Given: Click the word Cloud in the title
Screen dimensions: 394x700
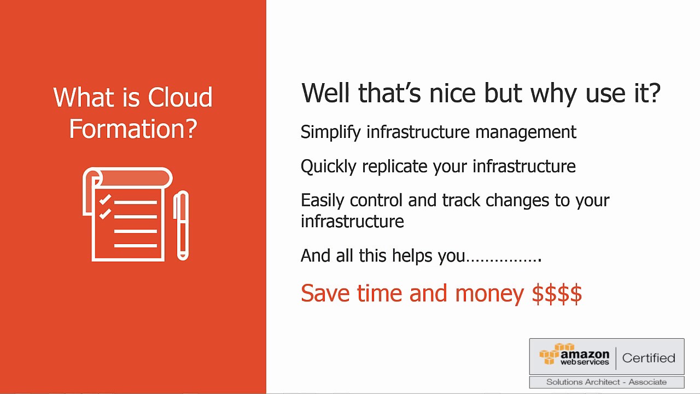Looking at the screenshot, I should [180, 97].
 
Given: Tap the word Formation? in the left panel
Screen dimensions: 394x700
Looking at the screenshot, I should [133, 129].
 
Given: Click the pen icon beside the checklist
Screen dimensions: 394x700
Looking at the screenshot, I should [181, 225].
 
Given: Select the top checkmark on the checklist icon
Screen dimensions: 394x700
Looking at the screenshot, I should [104, 200].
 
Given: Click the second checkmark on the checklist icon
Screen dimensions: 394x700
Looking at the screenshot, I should [104, 213].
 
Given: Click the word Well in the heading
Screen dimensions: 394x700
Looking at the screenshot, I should [326, 93].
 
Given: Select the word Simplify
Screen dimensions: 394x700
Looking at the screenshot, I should [331, 132].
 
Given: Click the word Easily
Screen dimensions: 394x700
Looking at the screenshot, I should [323, 201].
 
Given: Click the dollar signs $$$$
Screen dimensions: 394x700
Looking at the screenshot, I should [557, 293].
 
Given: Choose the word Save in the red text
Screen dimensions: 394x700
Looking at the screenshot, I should [325, 293].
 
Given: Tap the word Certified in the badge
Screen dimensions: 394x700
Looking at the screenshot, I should [649, 358].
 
